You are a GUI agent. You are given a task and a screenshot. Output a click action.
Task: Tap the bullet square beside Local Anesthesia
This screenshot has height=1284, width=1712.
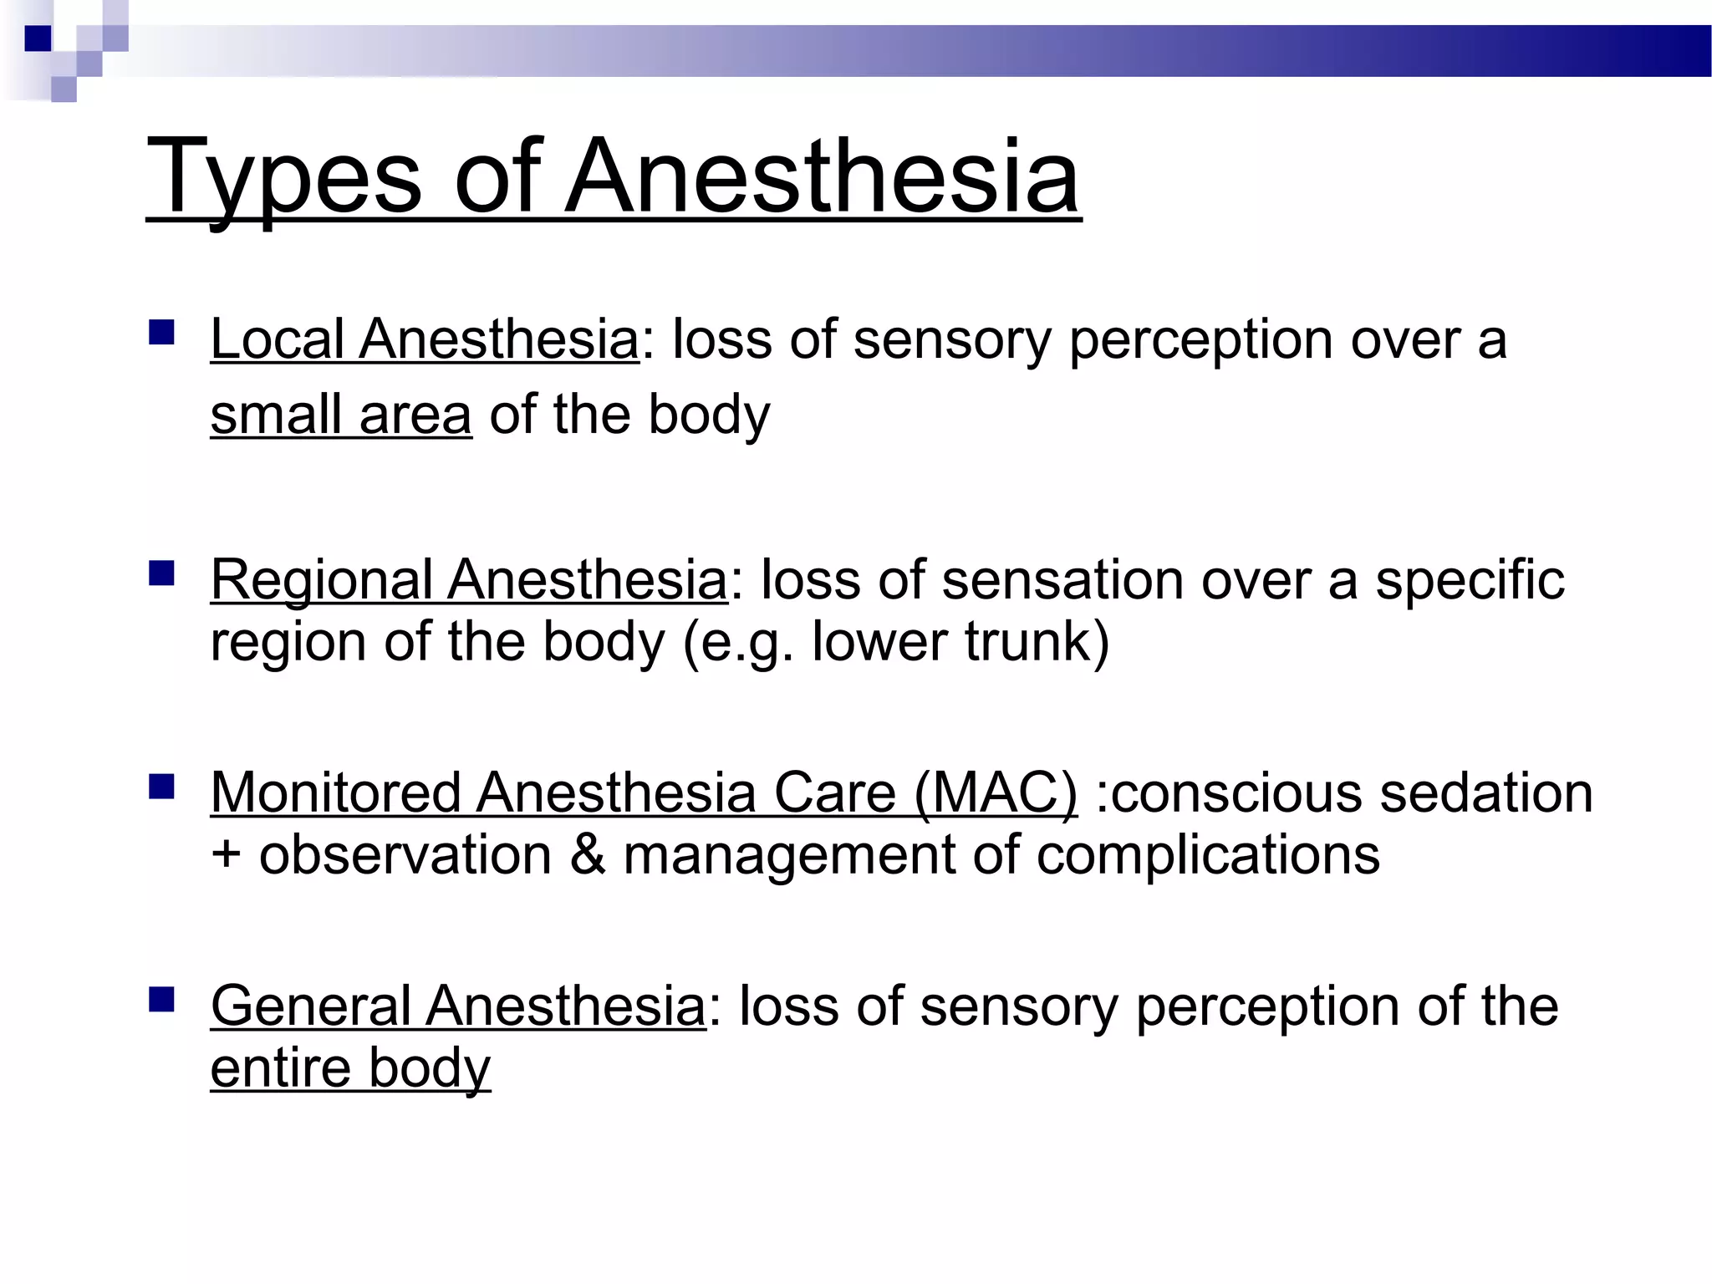click(161, 333)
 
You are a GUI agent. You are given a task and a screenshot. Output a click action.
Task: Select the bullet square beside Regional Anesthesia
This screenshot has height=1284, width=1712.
click(161, 573)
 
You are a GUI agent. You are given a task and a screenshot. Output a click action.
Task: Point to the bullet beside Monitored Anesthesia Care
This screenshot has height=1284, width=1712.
click(161, 787)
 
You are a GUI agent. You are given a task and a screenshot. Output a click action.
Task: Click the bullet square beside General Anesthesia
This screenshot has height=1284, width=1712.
click(161, 1000)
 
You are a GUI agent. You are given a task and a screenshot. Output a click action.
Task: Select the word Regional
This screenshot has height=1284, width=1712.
click(322, 580)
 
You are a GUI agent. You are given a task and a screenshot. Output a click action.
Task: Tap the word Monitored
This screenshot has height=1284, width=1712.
click(334, 792)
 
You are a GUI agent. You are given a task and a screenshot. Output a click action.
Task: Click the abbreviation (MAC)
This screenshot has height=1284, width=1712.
click(995, 792)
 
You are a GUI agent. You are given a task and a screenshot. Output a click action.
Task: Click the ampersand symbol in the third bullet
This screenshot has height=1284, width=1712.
click(588, 855)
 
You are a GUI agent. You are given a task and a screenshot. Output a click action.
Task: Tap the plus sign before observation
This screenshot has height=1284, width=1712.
click(226, 855)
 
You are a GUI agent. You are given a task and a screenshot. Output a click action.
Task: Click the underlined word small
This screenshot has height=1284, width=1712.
click(276, 415)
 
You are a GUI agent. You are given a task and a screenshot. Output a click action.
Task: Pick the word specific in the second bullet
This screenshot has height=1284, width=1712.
click(1470, 580)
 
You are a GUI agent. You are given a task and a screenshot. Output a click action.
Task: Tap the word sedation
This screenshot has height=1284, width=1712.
click(1486, 792)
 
